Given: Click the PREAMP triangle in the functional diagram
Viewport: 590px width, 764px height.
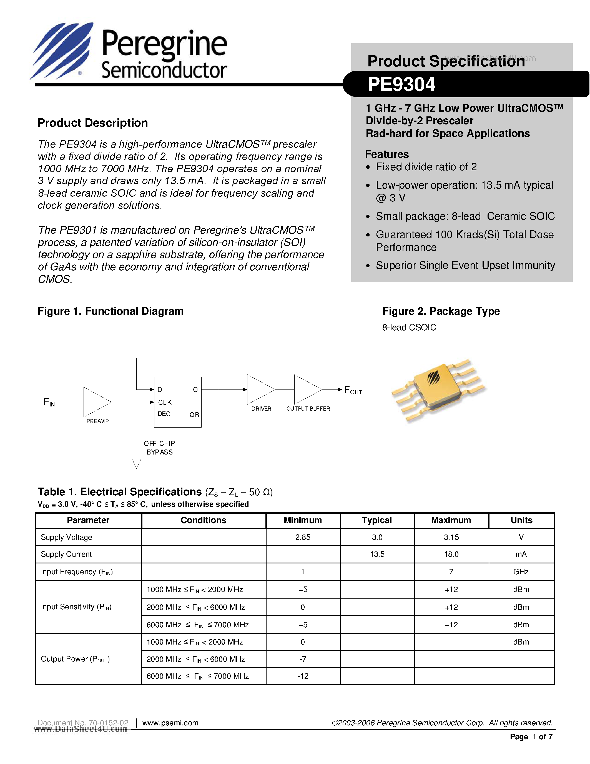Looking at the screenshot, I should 95,402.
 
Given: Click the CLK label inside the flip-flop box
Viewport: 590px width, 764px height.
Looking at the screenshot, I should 165,402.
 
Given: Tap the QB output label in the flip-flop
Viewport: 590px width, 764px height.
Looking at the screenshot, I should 194,415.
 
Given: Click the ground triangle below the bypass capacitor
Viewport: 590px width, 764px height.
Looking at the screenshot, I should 136,463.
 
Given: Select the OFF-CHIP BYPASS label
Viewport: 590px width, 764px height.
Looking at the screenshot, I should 159,448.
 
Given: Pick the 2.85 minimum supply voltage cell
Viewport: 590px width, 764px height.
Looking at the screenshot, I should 303,537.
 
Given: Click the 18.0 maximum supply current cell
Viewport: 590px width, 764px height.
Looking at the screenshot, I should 451,554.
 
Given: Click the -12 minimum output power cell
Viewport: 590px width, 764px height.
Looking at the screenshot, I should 303,676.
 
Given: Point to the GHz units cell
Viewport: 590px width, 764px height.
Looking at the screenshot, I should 521,571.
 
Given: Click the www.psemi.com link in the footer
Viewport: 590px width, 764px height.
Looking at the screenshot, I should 170,723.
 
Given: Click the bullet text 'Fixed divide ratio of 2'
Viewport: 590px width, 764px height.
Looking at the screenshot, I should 426,167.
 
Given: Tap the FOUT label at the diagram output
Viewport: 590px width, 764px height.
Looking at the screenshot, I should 353,390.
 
